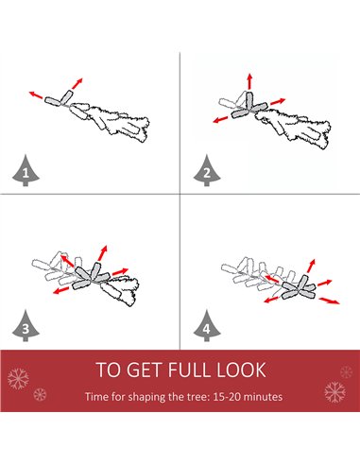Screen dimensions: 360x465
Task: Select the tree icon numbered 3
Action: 26,326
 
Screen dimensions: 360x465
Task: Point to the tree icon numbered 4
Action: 207,326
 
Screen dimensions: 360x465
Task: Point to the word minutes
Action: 263,396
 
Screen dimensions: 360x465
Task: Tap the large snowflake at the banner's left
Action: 18,378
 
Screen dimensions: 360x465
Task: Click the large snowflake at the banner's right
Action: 334,392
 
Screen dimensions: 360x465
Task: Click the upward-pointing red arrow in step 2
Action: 249,81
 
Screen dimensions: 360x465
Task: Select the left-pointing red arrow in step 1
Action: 36,95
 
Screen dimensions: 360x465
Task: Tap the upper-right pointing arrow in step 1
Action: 77,83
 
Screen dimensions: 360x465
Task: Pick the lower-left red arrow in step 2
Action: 220,120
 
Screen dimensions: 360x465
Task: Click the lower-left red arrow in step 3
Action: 60,290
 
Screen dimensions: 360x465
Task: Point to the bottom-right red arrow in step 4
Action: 330,301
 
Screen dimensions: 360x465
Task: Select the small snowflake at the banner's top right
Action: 346,372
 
